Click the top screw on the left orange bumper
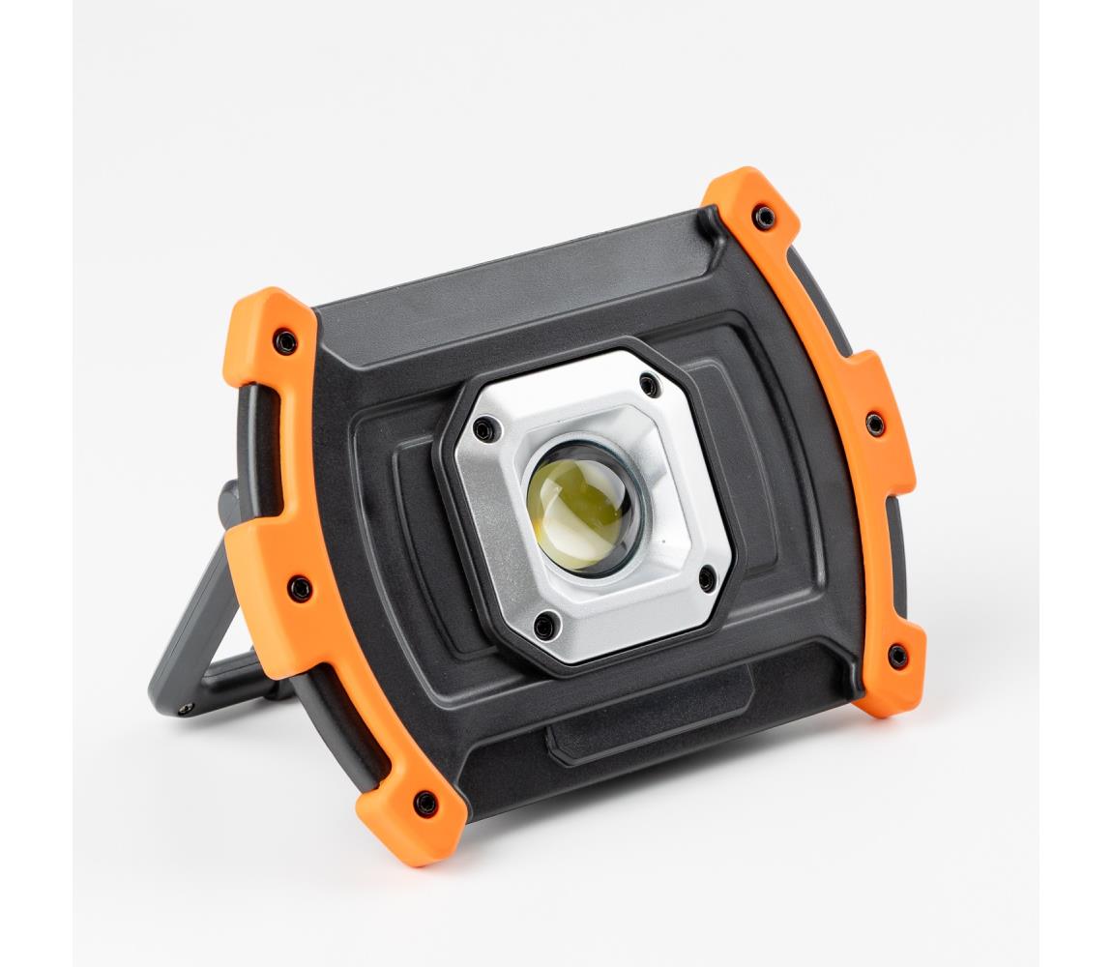coord(285,341)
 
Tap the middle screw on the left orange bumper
coord(300,587)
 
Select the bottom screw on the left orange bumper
coord(424,803)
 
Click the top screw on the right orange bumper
coord(764,217)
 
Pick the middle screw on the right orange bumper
coord(874,424)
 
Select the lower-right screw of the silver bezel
coord(707,579)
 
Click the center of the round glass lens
coord(583,507)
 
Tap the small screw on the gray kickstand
coord(184,708)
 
